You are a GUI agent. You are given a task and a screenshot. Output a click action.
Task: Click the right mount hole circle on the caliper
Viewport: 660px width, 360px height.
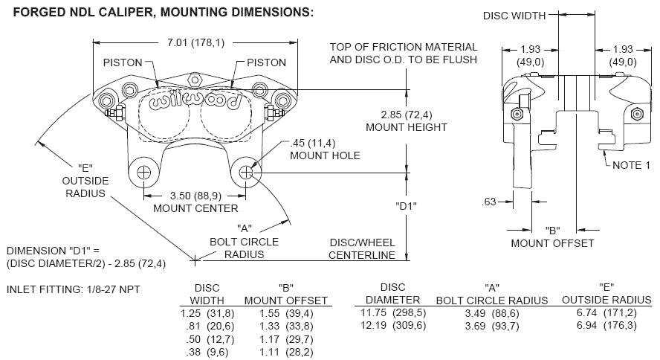point(246,173)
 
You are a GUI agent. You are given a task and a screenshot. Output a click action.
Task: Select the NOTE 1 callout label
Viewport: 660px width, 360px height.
point(632,165)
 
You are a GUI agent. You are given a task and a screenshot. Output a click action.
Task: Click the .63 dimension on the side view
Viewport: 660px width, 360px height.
point(488,201)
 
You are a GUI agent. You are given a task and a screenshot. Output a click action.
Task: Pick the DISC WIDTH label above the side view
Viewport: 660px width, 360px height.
point(514,15)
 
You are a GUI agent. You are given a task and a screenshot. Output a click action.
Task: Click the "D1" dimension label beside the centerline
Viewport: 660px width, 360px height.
point(406,207)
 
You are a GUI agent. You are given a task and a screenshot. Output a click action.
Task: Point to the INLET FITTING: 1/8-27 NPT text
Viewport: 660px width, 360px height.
point(73,289)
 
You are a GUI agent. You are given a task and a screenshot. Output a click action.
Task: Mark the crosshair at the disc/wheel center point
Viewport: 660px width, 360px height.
point(195,260)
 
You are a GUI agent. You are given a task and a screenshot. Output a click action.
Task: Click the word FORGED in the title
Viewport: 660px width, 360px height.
point(30,12)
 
